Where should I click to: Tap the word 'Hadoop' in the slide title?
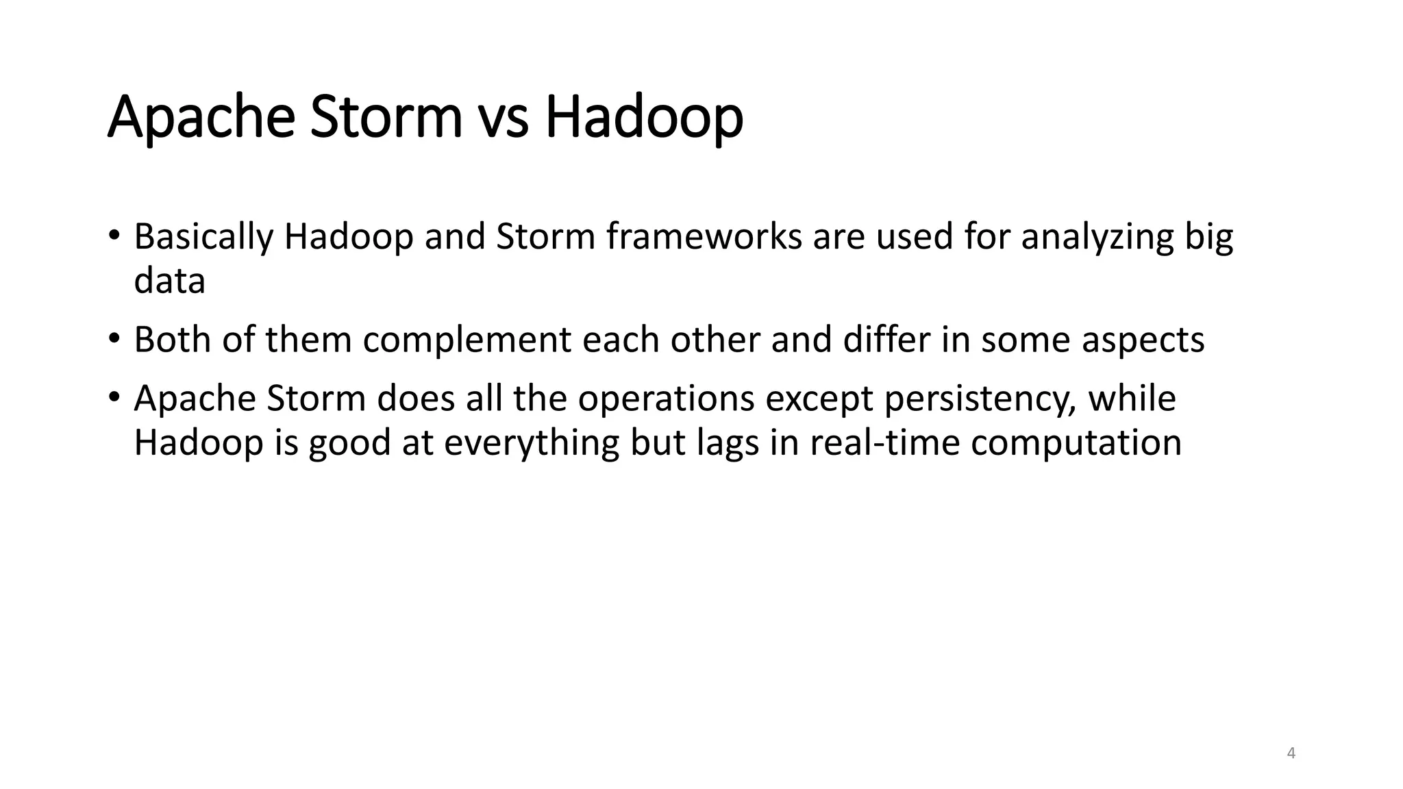tap(643, 118)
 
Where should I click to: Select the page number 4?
tap(1291, 753)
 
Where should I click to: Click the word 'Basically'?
tap(203, 237)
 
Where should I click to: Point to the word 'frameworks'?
tap(704, 237)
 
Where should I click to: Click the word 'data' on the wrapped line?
tap(169, 281)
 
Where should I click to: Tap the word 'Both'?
tap(173, 340)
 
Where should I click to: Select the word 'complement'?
tap(467, 340)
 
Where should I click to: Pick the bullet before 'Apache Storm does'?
tap(114, 399)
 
